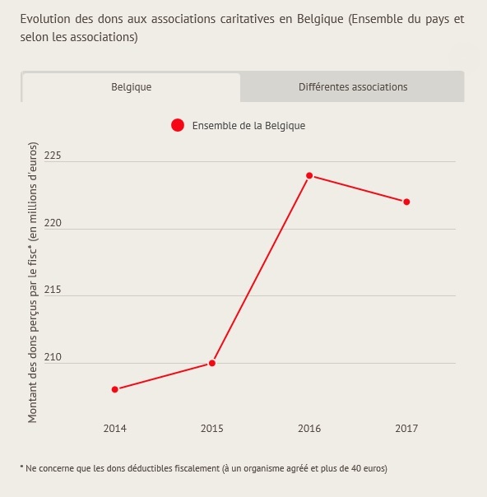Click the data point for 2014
(x=115, y=389)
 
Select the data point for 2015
(x=212, y=363)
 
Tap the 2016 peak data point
(x=309, y=175)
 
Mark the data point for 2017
(x=406, y=202)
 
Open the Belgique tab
(x=131, y=87)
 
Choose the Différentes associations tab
(x=353, y=87)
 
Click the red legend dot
(x=178, y=125)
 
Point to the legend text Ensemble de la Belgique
(x=248, y=126)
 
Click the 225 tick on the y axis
(x=53, y=156)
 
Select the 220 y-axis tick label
(x=53, y=223)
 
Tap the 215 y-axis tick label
(x=53, y=290)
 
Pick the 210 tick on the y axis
(x=53, y=357)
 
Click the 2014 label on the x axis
(x=114, y=429)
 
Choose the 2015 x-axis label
(x=212, y=429)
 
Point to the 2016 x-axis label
(x=309, y=429)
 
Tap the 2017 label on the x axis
(x=406, y=429)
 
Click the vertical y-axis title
(x=33, y=282)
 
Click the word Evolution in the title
(x=45, y=19)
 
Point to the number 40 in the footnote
(x=356, y=468)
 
